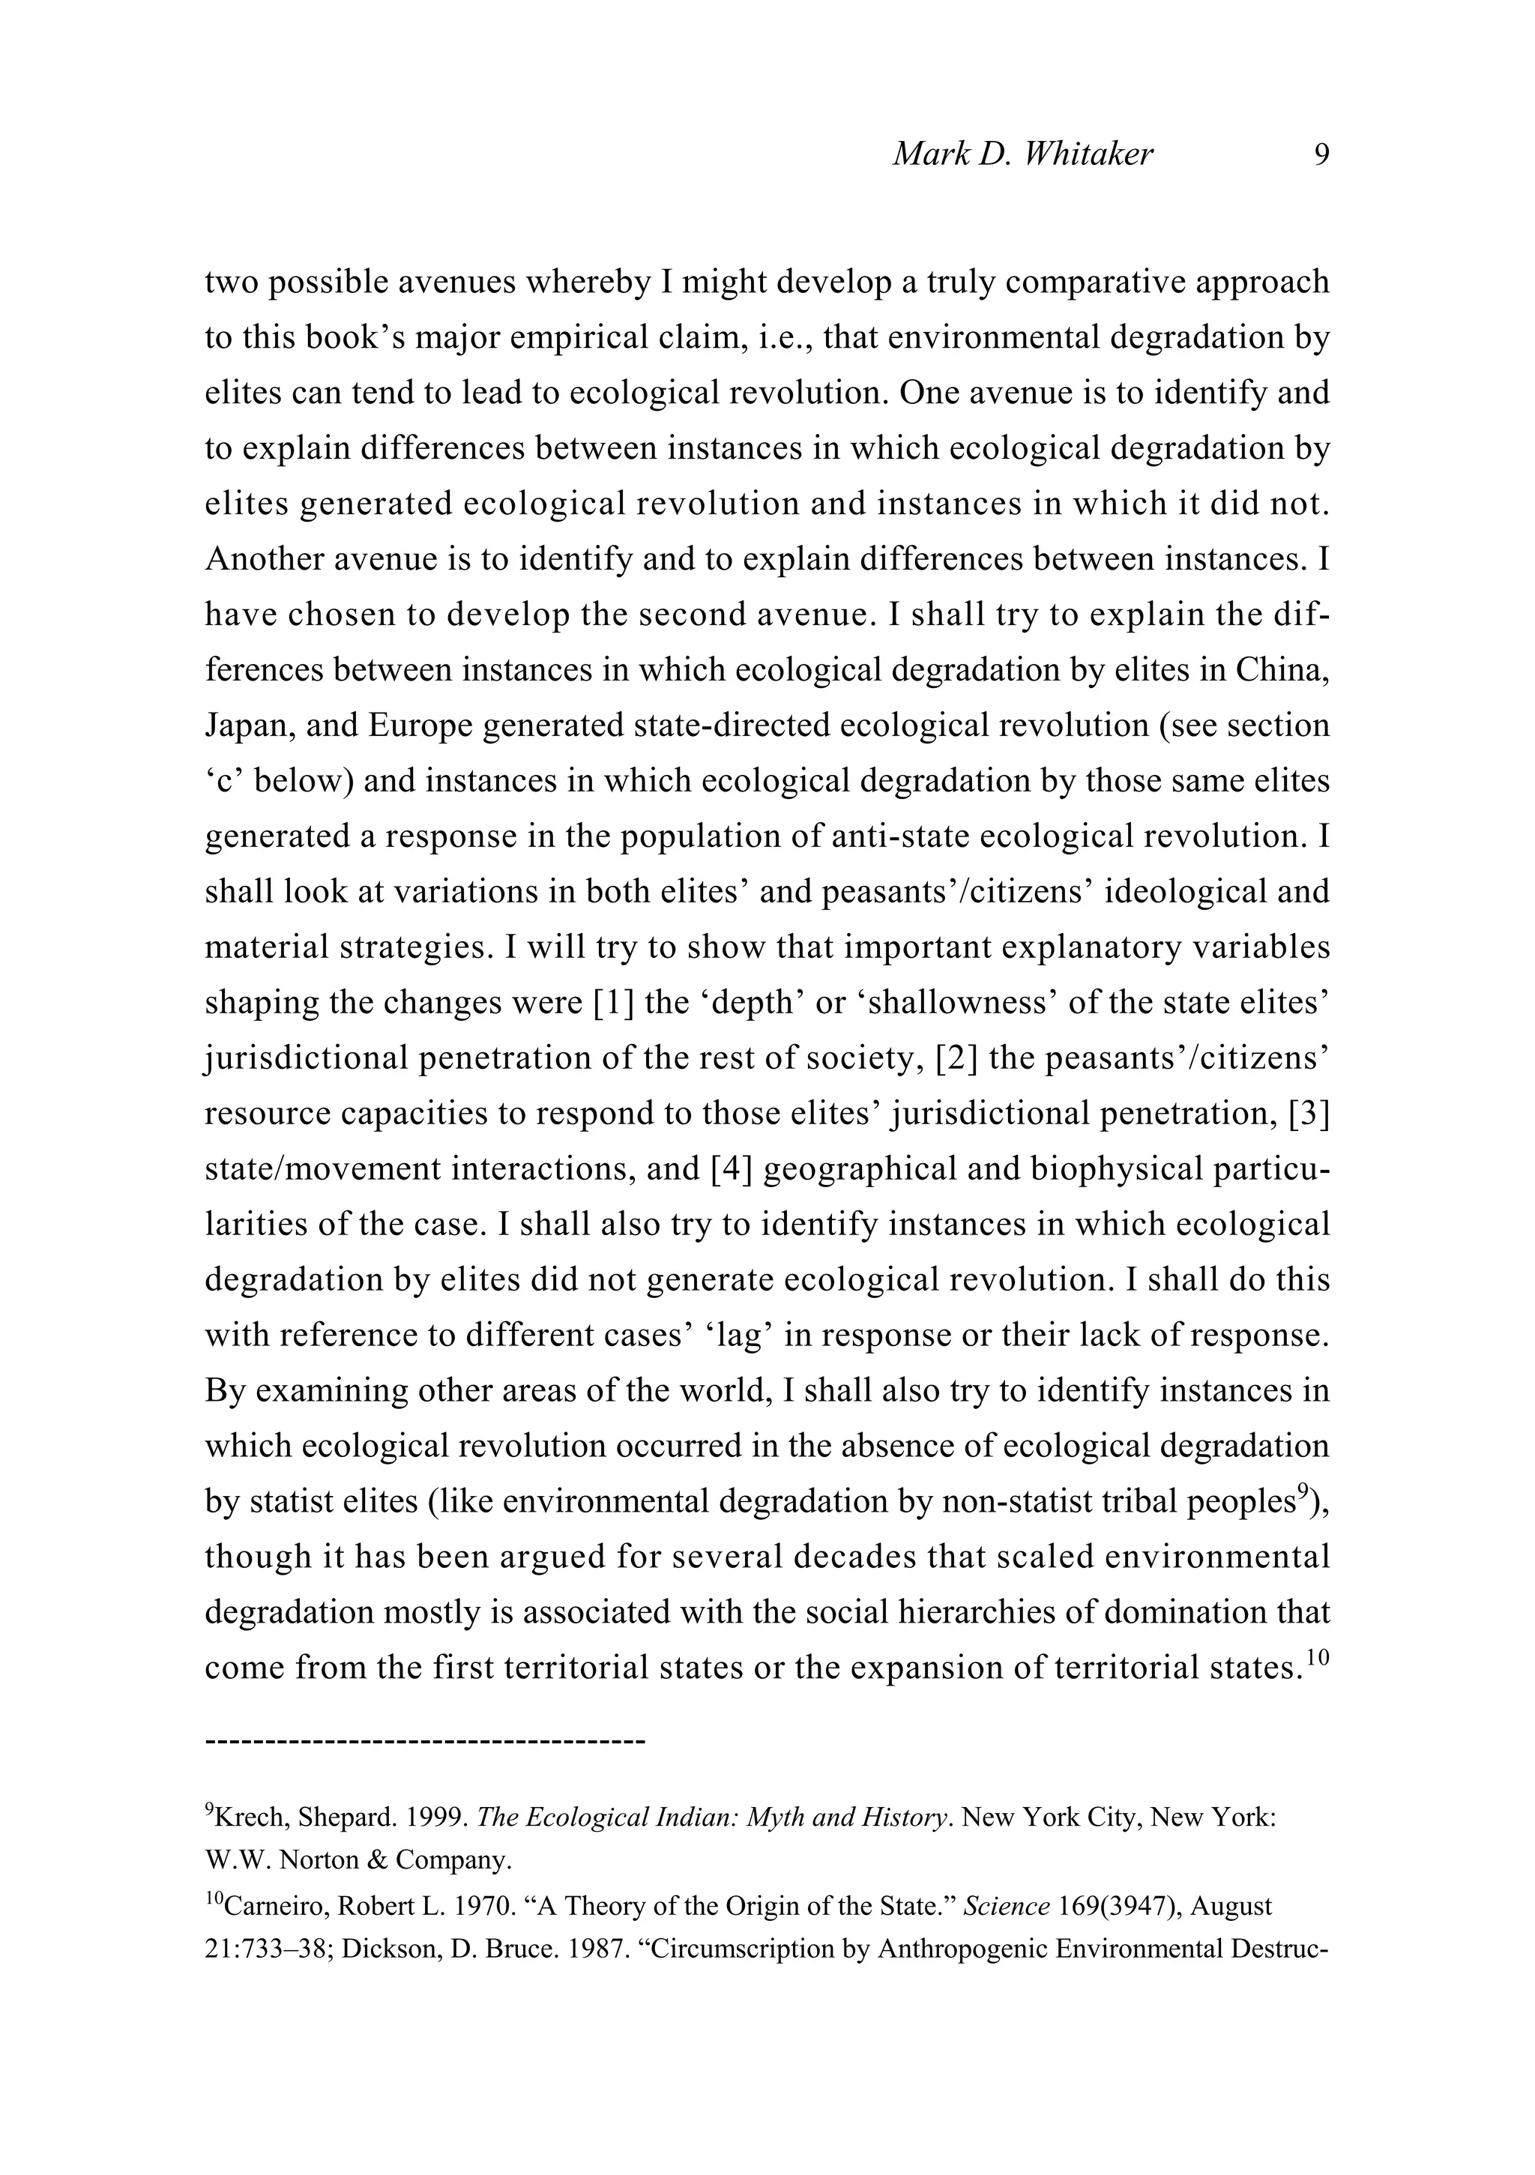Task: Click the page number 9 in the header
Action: click(x=1322, y=154)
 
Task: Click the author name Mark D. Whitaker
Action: click(x=1022, y=154)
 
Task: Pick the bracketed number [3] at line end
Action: click(x=1309, y=1113)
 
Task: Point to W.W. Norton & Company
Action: click(x=358, y=1860)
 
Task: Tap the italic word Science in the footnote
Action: click(x=1005, y=1906)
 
